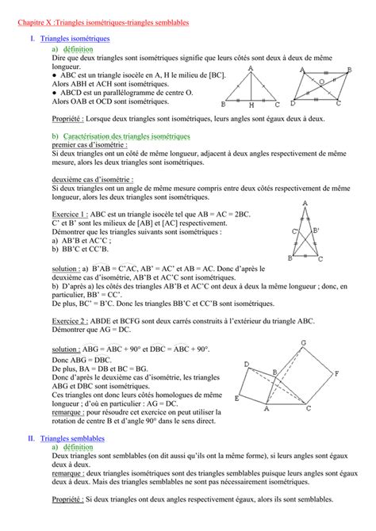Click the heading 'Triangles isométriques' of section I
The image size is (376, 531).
(75, 38)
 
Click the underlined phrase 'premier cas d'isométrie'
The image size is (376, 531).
(86, 147)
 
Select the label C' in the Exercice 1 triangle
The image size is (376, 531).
(294, 231)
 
